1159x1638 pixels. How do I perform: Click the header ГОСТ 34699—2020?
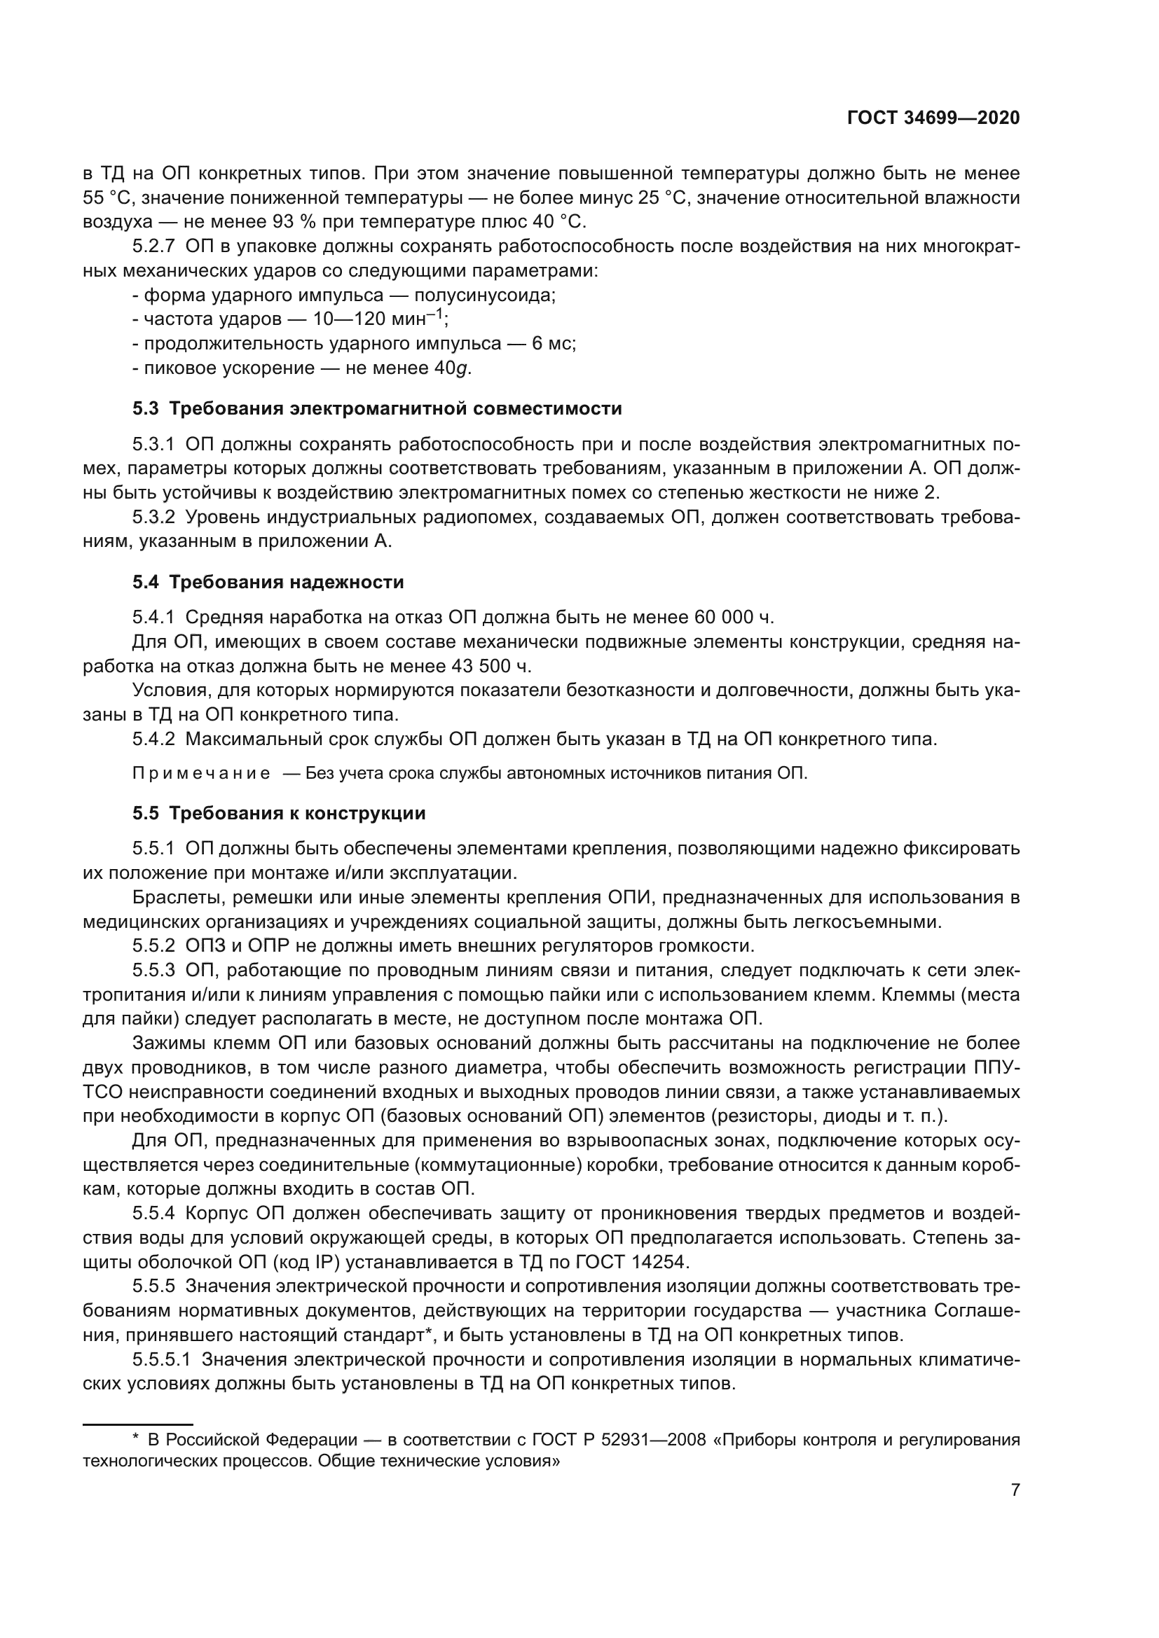tap(933, 118)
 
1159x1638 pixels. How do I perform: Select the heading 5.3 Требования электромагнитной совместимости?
tap(377, 409)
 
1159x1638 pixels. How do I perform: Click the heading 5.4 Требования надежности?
tap(268, 582)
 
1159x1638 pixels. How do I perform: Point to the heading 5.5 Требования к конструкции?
tap(278, 813)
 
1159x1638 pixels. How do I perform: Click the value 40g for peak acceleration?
tap(453, 368)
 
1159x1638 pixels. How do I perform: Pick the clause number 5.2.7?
tap(153, 247)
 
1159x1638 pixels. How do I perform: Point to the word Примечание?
tap(201, 774)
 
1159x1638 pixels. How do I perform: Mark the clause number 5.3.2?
tap(153, 518)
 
